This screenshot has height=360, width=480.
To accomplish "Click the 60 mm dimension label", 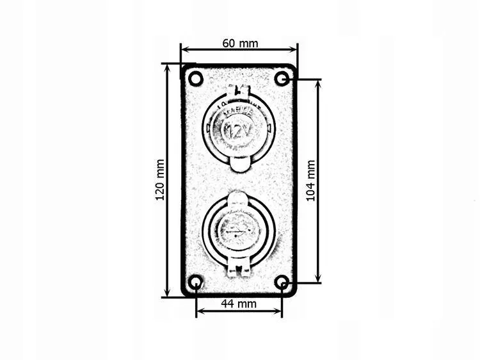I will tap(240, 44).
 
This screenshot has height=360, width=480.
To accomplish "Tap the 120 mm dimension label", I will tap(160, 180).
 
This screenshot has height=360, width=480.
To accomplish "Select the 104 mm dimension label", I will tap(311, 181).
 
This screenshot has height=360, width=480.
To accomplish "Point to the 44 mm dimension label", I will tap(238, 304).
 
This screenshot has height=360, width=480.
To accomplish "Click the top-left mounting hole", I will tap(196, 79).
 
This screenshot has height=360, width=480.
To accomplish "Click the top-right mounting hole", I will tap(282, 79).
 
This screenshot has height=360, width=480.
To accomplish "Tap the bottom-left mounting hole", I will tap(196, 282).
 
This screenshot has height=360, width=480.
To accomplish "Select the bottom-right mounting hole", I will tap(282, 282).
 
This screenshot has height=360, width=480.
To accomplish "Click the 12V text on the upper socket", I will tap(238, 132).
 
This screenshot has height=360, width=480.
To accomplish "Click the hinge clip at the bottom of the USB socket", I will tap(238, 269).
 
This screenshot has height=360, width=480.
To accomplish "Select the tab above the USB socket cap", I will tap(237, 198).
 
